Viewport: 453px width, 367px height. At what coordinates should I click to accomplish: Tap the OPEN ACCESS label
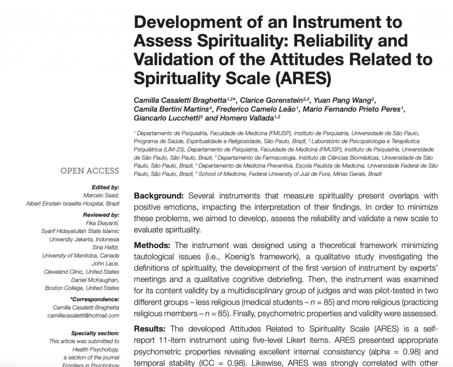[89, 171]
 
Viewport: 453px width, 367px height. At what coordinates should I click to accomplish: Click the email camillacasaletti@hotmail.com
[84, 315]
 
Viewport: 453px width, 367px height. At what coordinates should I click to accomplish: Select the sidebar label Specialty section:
[95, 333]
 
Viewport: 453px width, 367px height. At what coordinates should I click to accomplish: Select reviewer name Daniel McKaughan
[95, 280]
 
